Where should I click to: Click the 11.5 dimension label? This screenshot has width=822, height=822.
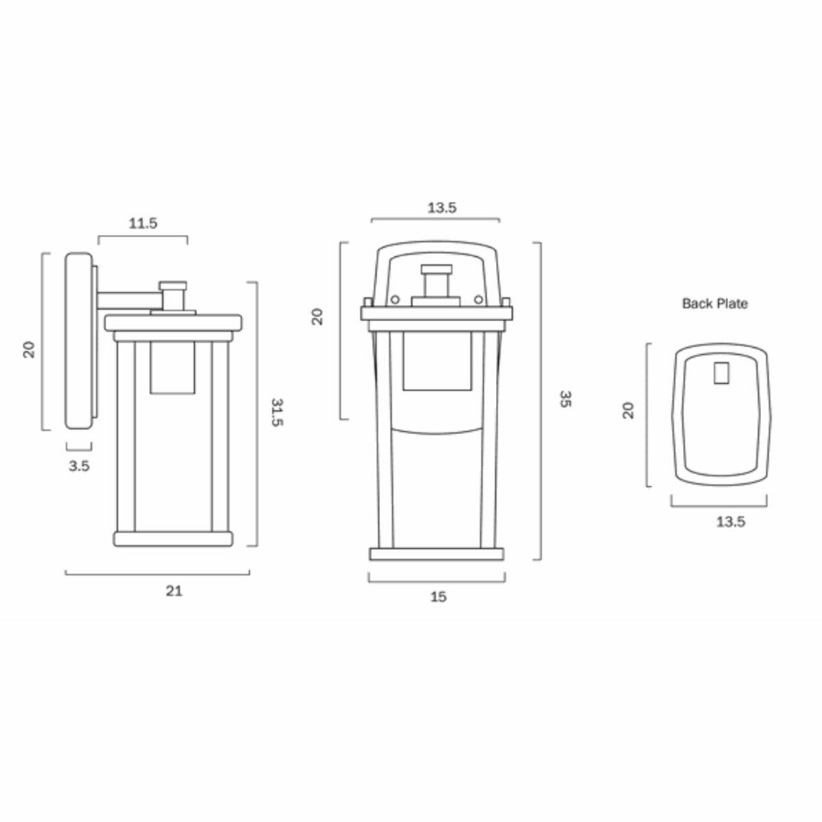143,223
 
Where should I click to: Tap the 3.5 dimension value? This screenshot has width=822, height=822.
79,466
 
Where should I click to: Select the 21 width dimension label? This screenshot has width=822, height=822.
174,591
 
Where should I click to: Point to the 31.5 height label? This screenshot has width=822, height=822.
277,412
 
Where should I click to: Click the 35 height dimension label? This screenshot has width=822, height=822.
564,399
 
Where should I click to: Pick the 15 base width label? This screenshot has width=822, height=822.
438,597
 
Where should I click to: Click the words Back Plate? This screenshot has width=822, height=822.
715,303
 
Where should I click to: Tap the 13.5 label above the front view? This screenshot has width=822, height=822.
442,208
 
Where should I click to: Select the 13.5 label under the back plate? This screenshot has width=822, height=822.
731,522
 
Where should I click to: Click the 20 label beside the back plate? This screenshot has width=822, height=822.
628,410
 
